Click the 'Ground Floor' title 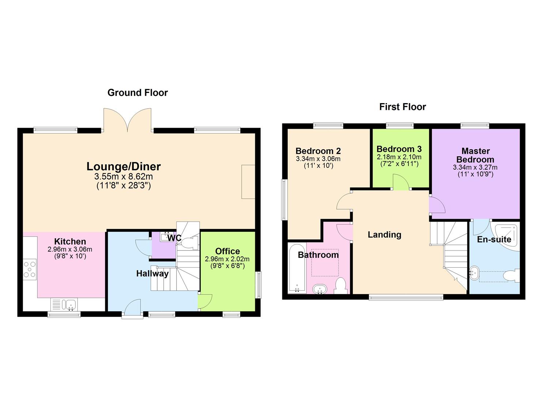pos(137,93)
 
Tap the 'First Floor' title pos(402,107)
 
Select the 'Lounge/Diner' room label pos(124,166)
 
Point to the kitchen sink pos(69,304)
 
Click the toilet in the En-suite pos(512,276)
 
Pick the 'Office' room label pos(227,251)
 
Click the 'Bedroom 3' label pos(399,149)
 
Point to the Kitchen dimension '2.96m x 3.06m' pos(70,249)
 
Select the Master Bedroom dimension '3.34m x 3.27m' pos(475,168)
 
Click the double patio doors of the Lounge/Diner pos(127,120)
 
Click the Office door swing pos(205,302)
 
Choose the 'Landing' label pos(384,235)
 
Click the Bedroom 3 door pos(401,182)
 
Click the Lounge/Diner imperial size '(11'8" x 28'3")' pos(124,185)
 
